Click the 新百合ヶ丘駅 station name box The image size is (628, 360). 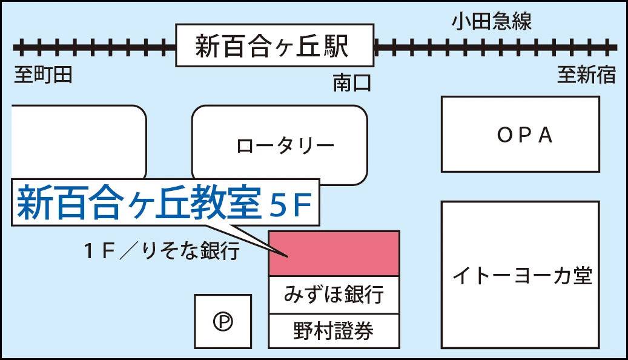(x=274, y=46)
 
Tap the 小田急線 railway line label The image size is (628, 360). (x=491, y=22)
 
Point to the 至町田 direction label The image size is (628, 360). (x=43, y=75)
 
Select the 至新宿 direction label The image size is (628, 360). (x=586, y=75)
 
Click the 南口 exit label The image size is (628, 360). (x=351, y=83)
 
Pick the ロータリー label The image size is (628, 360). (x=285, y=145)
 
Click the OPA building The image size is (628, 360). (x=520, y=134)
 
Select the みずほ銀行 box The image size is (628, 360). (x=334, y=295)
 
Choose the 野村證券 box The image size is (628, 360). (x=334, y=331)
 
